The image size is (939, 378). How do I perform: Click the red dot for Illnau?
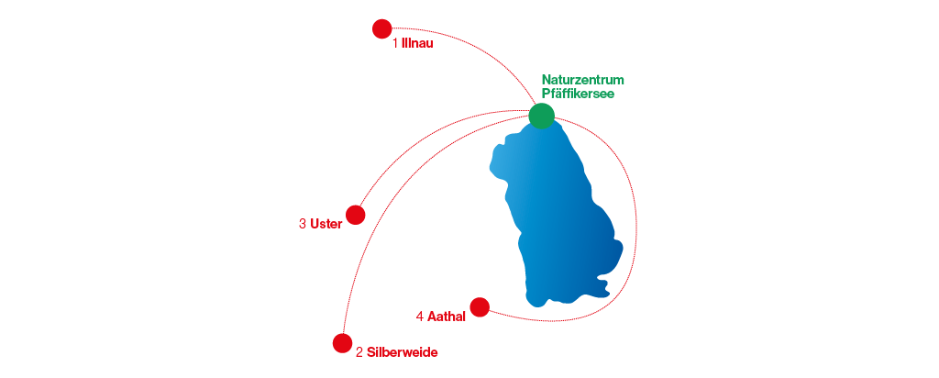pos(382,29)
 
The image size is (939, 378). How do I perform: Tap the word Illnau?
pos(417,43)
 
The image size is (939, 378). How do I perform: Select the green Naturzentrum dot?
pos(542,116)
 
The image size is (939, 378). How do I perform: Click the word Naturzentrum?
pos(582,80)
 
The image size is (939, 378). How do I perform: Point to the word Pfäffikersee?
pos(578,93)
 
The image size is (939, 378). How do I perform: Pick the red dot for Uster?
pos(356,215)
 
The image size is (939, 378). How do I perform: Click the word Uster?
pos(326,224)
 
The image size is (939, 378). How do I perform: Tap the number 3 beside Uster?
pos(303,224)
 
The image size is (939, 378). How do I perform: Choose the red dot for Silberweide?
pos(343,343)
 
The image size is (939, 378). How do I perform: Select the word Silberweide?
pos(402,352)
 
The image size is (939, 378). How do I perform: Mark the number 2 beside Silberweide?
pos(359,352)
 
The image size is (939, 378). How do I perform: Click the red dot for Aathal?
pos(480,306)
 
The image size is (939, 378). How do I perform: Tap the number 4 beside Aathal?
pos(419,317)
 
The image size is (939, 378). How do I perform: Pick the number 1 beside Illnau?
pos(395,43)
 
